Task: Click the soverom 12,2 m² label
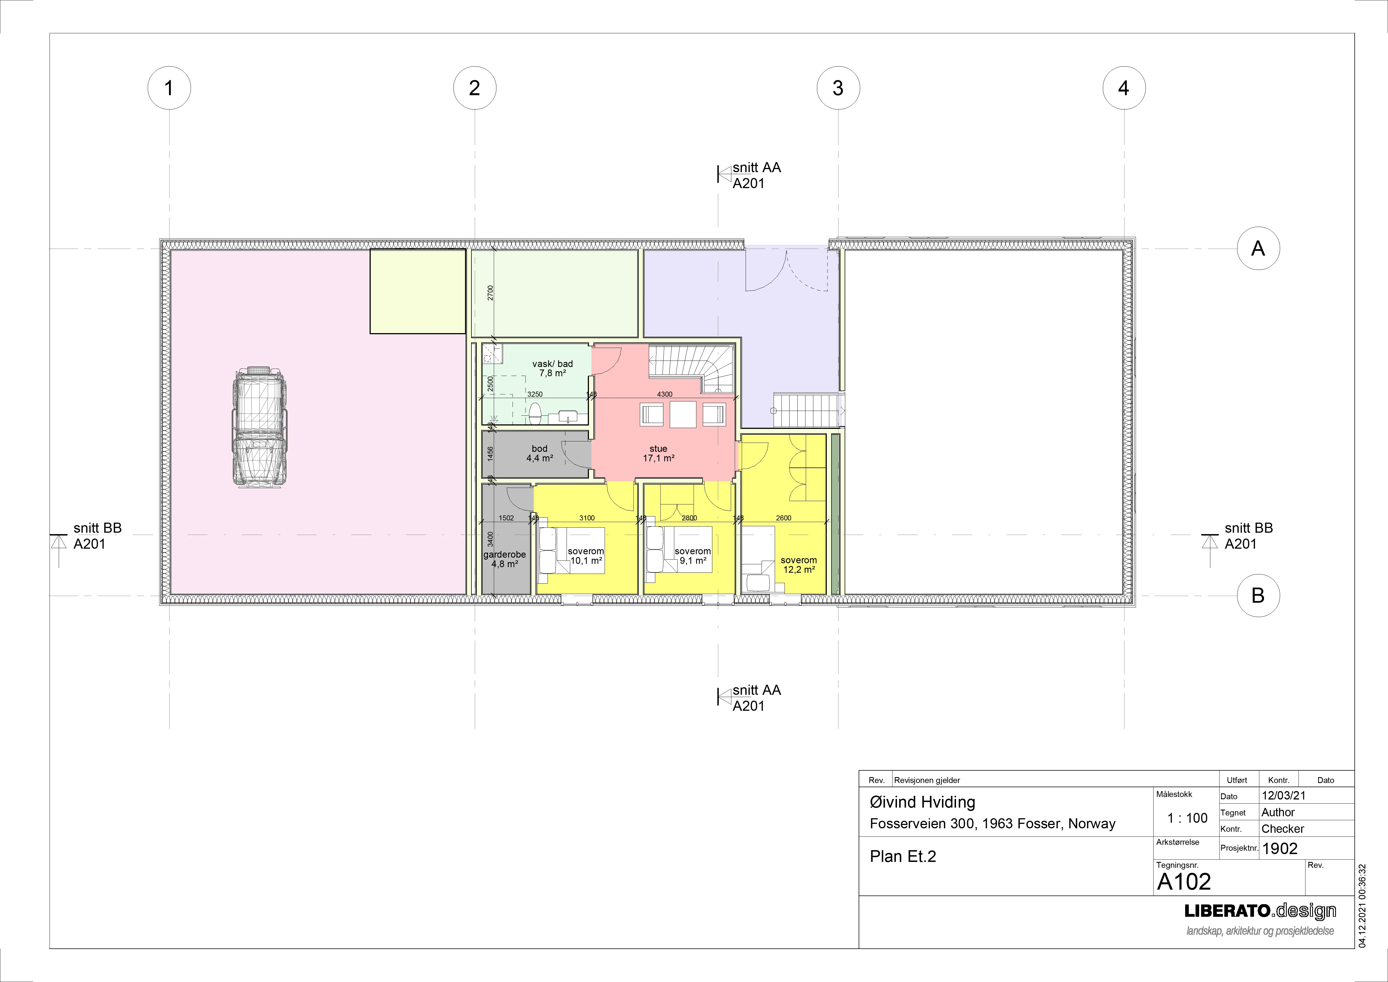[798, 565]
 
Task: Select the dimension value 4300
[664, 394]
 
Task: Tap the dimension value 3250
[535, 394]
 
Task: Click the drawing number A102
[1184, 882]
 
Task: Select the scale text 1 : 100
[1187, 818]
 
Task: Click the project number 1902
[1280, 848]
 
